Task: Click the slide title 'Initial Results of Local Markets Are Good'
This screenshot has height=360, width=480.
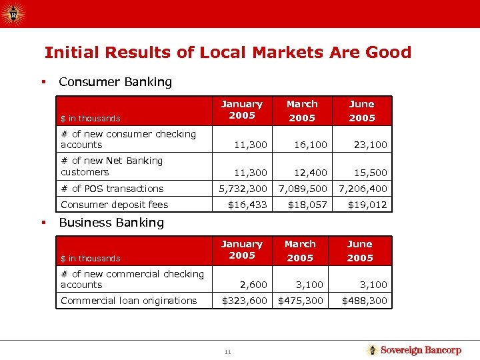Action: pos(227,52)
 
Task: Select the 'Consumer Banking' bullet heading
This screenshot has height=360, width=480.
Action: pos(115,82)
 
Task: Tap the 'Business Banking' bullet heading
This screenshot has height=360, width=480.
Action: pos(111,222)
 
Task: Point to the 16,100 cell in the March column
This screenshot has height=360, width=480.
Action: pos(311,144)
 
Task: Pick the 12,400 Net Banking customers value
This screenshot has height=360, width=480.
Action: pos(311,173)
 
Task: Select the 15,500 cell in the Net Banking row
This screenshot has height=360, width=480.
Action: pos(371,173)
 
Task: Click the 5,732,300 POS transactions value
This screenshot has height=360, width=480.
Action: pos(243,189)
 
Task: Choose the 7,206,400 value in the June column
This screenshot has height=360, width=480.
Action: pos(363,189)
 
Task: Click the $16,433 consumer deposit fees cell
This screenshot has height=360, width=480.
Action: pos(247,205)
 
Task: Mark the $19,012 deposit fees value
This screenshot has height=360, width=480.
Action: pos(367,205)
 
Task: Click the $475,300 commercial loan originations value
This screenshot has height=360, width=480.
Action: pos(301,301)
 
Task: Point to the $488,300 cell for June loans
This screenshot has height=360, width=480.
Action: pos(365,301)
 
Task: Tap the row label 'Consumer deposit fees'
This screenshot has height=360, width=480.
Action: pos(114,205)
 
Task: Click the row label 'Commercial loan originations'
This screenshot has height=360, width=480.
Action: pos(129,301)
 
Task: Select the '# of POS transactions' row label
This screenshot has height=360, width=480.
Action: pos(112,189)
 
